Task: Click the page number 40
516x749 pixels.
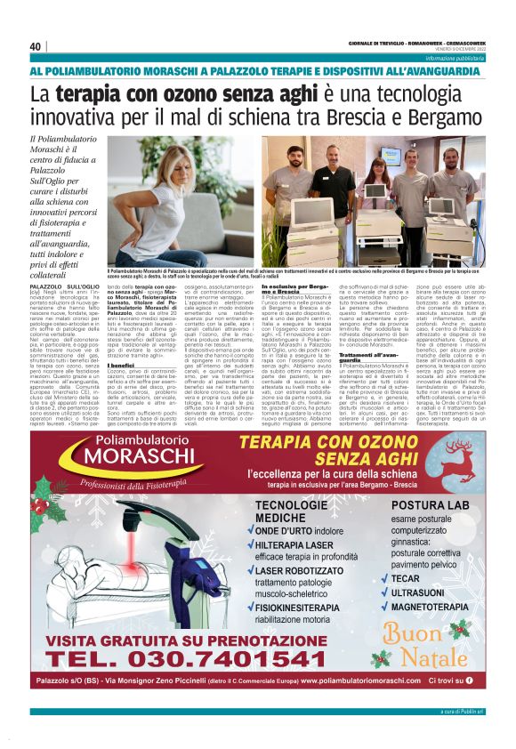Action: (x=36, y=46)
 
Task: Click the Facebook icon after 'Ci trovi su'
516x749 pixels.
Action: (x=469, y=680)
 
